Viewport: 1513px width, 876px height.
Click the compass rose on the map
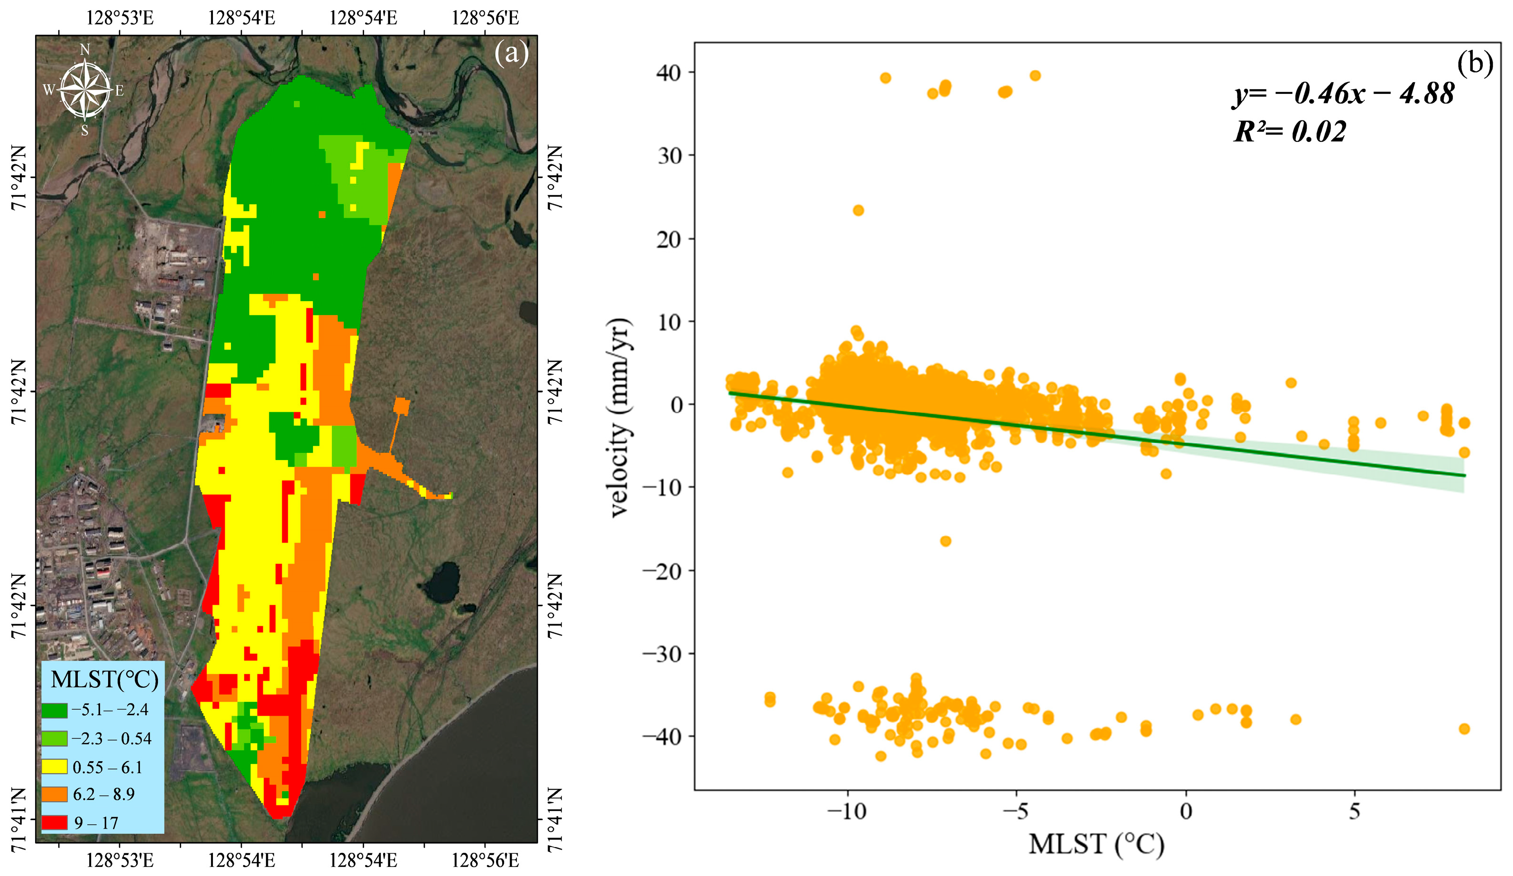click(85, 90)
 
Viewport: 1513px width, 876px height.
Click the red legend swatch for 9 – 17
click(54, 822)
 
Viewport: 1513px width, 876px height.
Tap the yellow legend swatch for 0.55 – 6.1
click(54, 767)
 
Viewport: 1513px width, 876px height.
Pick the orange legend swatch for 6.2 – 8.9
click(54, 794)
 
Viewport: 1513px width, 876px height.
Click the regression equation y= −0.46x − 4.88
click(1344, 93)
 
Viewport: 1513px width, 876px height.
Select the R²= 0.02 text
click(1290, 131)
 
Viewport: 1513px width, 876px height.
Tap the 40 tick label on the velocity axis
click(668, 73)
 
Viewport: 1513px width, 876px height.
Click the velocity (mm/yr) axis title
click(620, 417)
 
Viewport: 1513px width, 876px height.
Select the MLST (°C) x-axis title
click(1096, 845)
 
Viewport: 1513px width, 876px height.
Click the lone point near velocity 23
click(858, 210)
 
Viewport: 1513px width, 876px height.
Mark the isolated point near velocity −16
click(945, 541)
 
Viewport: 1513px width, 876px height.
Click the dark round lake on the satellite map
click(443, 582)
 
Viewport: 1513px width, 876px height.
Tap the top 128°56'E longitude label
click(485, 18)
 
